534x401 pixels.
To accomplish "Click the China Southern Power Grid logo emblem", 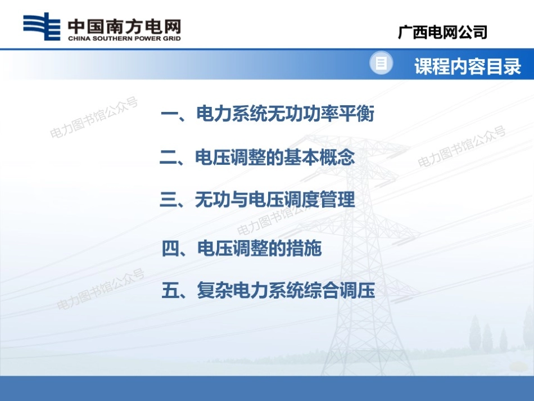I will pos(42,27).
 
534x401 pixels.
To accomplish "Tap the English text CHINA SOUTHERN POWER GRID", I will pos(124,38).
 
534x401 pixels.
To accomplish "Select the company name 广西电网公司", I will pos(442,32).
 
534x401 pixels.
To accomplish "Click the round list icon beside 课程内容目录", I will pos(381,64).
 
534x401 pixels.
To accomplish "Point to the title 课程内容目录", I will pos(468,67).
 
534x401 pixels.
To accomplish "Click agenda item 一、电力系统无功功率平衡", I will pos(267,115).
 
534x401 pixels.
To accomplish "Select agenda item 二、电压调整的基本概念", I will pos(257,158).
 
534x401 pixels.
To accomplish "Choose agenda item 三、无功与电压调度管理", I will pos(257,200).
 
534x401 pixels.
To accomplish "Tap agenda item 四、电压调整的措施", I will pos(242,248).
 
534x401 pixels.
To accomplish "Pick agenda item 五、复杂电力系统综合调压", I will pos(268,291).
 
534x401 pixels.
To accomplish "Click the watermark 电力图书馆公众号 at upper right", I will pos(462,147).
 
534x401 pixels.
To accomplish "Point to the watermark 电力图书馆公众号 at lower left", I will pos(101,290).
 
